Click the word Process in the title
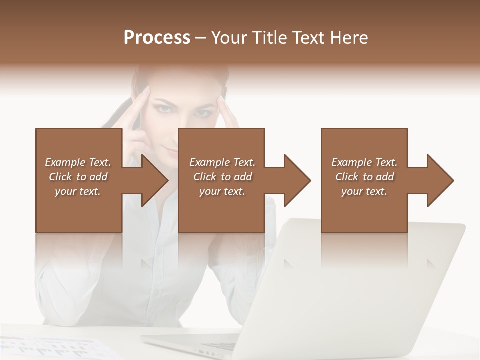tap(157, 38)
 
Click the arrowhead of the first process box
tap(155, 180)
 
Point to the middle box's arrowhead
tap(298, 180)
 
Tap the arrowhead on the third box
tap(440, 180)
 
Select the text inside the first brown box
tap(78, 177)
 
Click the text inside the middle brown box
tap(222, 177)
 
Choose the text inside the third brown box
tap(364, 177)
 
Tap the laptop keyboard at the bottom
tap(210, 345)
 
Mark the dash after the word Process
tap(201, 38)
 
